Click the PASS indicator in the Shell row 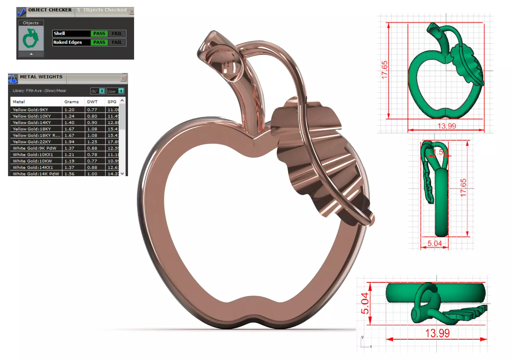pyautogui.click(x=99, y=34)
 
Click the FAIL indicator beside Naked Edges pyautogui.click(x=117, y=42)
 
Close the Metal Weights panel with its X pyautogui.click(x=124, y=78)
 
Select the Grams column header pyautogui.click(x=71, y=102)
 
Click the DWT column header pyautogui.click(x=92, y=102)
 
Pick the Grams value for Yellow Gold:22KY pyautogui.click(x=69, y=142)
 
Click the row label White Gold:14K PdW pyautogui.click(x=36, y=174)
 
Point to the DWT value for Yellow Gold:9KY pyautogui.click(x=92, y=110)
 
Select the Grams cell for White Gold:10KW pyautogui.click(x=69, y=161)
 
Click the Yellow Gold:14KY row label pyautogui.click(x=32, y=123)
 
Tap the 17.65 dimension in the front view pyautogui.click(x=384, y=70)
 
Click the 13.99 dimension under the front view pyautogui.click(x=447, y=126)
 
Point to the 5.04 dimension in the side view pyautogui.click(x=435, y=243)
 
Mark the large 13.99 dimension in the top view pyautogui.click(x=437, y=333)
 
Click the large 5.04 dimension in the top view pyautogui.click(x=365, y=303)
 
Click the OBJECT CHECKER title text pyautogui.click(x=50, y=10)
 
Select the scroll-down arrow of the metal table pyautogui.click(x=122, y=174)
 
